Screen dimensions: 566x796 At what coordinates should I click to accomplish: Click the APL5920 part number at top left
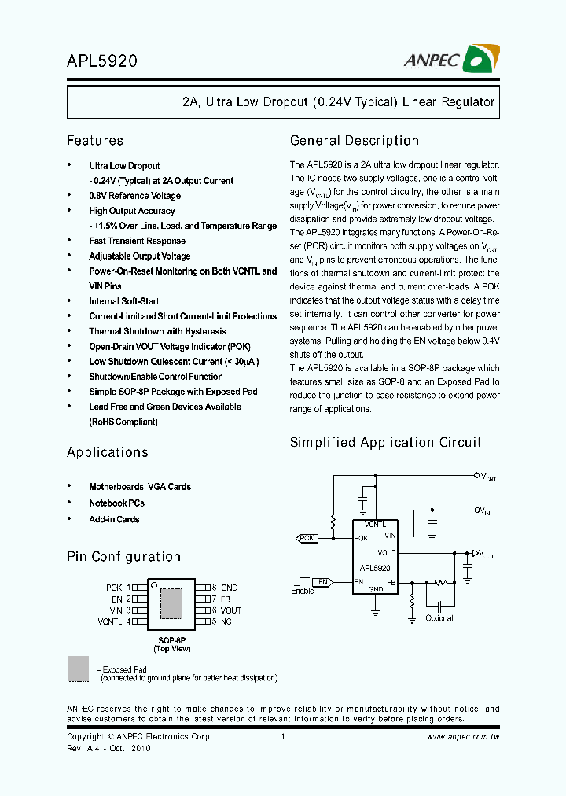click(x=102, y=61)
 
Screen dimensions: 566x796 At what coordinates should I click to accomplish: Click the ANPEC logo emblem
click(x=482, y=58)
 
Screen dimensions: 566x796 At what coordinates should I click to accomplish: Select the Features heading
click(x=95, y=141)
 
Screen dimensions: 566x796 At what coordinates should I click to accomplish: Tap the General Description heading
click(x=355, y=141)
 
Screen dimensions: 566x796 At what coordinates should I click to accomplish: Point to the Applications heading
click(x=108, y=452)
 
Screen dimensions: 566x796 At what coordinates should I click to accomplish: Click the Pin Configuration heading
click(x=123, y=557)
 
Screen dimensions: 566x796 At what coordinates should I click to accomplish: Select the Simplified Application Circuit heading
click(x=385, y=443)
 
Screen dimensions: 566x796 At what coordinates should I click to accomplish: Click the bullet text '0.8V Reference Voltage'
click(x=134, y=196)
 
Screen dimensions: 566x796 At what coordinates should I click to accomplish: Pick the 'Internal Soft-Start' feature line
click(x=123, y=301)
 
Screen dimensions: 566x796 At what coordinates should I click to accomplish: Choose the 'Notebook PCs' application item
click(x=116, y=503)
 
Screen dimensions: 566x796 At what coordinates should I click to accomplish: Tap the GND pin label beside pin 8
click(x=229, y=588)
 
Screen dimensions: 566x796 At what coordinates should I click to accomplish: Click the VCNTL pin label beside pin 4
click(x=109, y=621)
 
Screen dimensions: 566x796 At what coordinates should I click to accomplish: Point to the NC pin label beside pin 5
click(x=226, y=621)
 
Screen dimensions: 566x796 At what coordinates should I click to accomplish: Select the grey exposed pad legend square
click(x=79, y=669)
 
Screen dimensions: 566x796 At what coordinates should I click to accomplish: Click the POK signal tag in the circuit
click(x=307, y=538)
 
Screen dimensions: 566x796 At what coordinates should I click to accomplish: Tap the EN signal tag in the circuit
click(x=322, y=582)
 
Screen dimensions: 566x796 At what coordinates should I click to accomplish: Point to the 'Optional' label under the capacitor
click(x=439, y=618)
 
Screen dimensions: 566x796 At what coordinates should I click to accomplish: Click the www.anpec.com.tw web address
click(x=462, y=737)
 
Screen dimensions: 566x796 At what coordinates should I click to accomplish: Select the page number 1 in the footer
click(x=282, y=737)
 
